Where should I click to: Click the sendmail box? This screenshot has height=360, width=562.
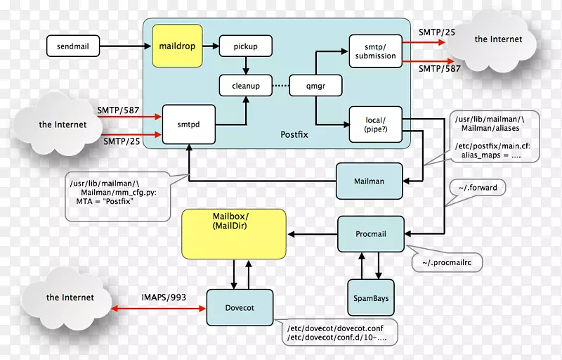(x=73, y=47)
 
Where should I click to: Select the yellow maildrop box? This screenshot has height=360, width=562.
(x=177, y=46)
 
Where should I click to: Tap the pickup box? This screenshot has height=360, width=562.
(x=245, y=47)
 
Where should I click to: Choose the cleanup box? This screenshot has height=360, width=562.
(x=245, y=86)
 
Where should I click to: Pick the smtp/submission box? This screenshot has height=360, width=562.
(x=376, y=51)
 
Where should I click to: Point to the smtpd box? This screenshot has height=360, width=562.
(x=189, y=123)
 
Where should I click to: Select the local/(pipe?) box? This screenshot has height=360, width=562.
(x=376, y=125)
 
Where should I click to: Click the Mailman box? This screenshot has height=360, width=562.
(x=370, y=181)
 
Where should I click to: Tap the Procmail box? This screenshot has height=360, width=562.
(x=372, y=233)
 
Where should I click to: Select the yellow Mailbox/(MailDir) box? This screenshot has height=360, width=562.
(x=234, y=233)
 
